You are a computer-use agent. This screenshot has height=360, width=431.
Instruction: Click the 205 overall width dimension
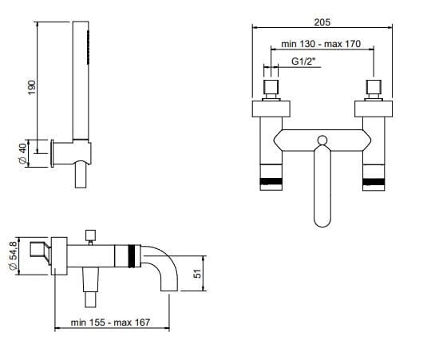click(x=322, y=22)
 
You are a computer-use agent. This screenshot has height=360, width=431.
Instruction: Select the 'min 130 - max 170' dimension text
click(x=321, y=44)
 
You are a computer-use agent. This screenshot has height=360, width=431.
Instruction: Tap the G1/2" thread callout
click(x=302, y=61)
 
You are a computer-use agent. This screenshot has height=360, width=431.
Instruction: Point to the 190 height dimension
click(x=32, y=87)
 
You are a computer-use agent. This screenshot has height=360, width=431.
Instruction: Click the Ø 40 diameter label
click(x=23, y=153)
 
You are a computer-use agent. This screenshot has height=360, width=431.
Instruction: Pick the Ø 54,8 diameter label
click(x=14, y=255)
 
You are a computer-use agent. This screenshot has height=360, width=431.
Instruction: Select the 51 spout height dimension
click(x=197, y=274)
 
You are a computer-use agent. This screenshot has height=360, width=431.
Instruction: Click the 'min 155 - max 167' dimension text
click(x=110, y=322)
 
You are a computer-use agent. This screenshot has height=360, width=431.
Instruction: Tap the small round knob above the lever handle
click(x=322, y=140)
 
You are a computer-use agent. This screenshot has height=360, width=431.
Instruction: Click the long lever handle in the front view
click(x=322, y=186)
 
